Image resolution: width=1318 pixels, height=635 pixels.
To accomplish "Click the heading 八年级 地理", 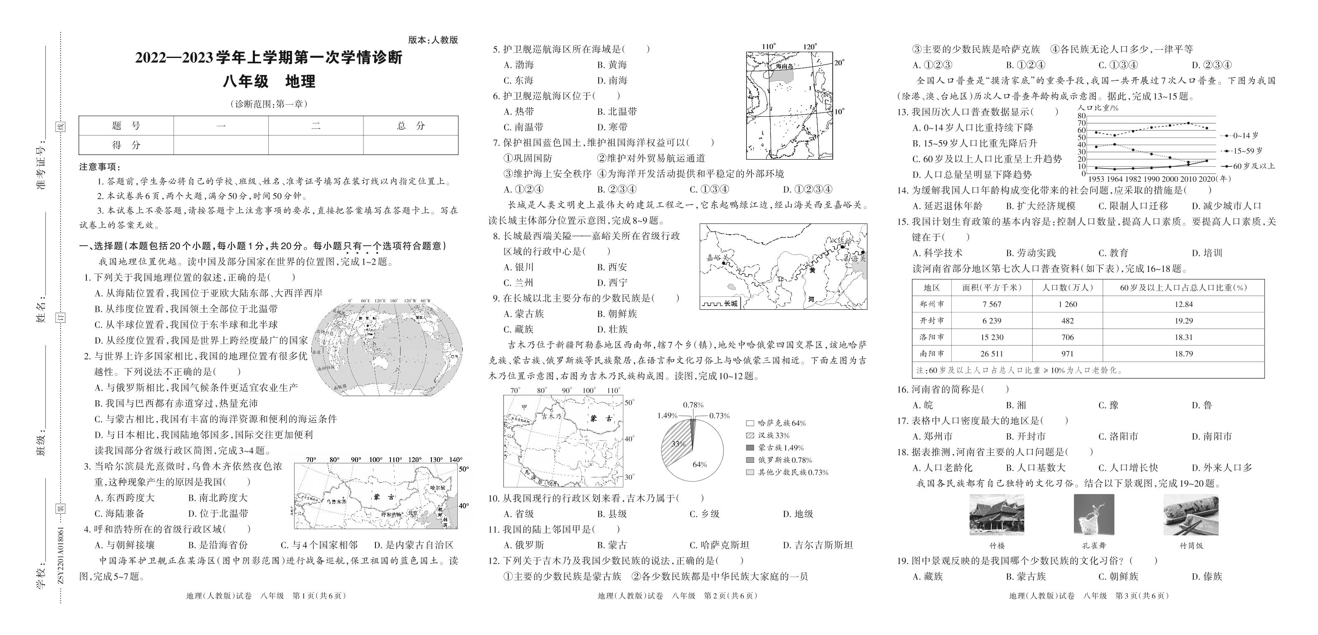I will (x=268, y=81).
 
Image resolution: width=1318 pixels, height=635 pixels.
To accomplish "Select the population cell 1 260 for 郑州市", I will (x=1067, y=304).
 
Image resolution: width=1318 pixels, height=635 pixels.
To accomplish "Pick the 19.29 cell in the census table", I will (x=1183, y=321).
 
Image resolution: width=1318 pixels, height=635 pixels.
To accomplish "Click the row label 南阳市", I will (x=931, y=353).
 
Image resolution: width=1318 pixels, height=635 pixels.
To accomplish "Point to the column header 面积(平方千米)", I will (x=991, y=288).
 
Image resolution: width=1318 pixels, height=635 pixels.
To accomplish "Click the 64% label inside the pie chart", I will (x=699, y=464).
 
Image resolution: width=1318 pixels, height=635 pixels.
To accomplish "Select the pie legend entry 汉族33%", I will (x=769, y=436).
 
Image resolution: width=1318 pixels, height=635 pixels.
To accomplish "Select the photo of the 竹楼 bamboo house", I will (x=996, y=515).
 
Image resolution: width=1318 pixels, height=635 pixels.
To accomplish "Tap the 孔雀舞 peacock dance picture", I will (x=1094, y=515).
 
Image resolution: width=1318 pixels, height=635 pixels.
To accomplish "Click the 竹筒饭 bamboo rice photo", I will (x=1191, y=515).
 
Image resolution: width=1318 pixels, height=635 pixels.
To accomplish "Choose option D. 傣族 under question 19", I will (x=1207, y=577).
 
